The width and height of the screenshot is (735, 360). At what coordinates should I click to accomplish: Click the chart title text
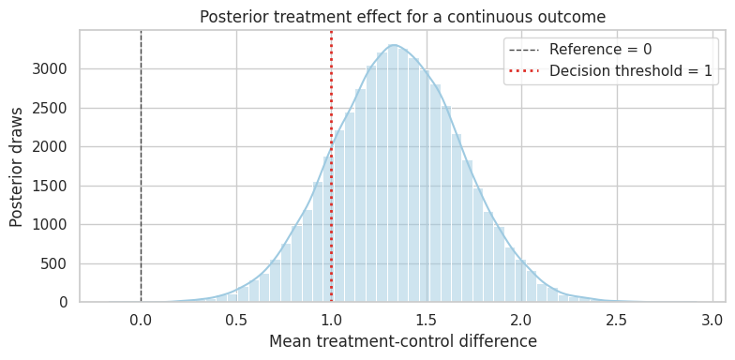pyautogui.click(x=403, y=17)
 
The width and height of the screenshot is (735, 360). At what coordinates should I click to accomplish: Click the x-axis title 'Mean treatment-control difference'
pyautogui.click(x=403, y=341)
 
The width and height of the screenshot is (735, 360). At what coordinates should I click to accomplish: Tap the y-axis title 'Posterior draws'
pyautogui.click(x=17, y=167)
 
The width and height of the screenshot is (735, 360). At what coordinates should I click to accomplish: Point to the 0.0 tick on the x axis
pyautogui.click(x=141, y=321)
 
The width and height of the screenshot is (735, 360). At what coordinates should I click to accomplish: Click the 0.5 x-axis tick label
pyautogui.click(x=236, y=321)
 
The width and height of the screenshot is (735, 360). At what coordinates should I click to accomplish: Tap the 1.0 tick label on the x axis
pyautogui.click(x=332, y=321)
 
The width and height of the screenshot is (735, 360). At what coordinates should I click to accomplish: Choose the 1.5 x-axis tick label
pyautogui.click(x=427, y=321)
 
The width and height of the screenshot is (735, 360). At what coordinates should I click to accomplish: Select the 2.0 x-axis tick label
pyautogui.click(x=521, y=321)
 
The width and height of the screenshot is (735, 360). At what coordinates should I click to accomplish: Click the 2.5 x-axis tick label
pyautogui.click(x=617, y=321)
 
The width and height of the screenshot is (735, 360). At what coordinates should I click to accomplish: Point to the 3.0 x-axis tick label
pyautogui.click(x=712, y=321)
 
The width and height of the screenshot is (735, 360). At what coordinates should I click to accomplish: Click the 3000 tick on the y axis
pyautogui.click(x=52, y=69)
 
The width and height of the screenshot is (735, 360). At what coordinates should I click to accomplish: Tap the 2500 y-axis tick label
pyautogui.click(x=52, y=109)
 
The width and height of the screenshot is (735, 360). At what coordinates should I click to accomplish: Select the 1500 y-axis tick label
pyautogui.click(x=52, y=186)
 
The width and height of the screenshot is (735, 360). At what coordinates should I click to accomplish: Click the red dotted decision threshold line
pyautogui.click(x=332, y=167)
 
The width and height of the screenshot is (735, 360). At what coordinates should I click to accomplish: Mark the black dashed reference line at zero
pyautogui.click(x=141, y=167)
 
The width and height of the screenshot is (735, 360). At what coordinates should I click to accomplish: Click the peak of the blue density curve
pyautogui.click(x=394, y=45)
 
